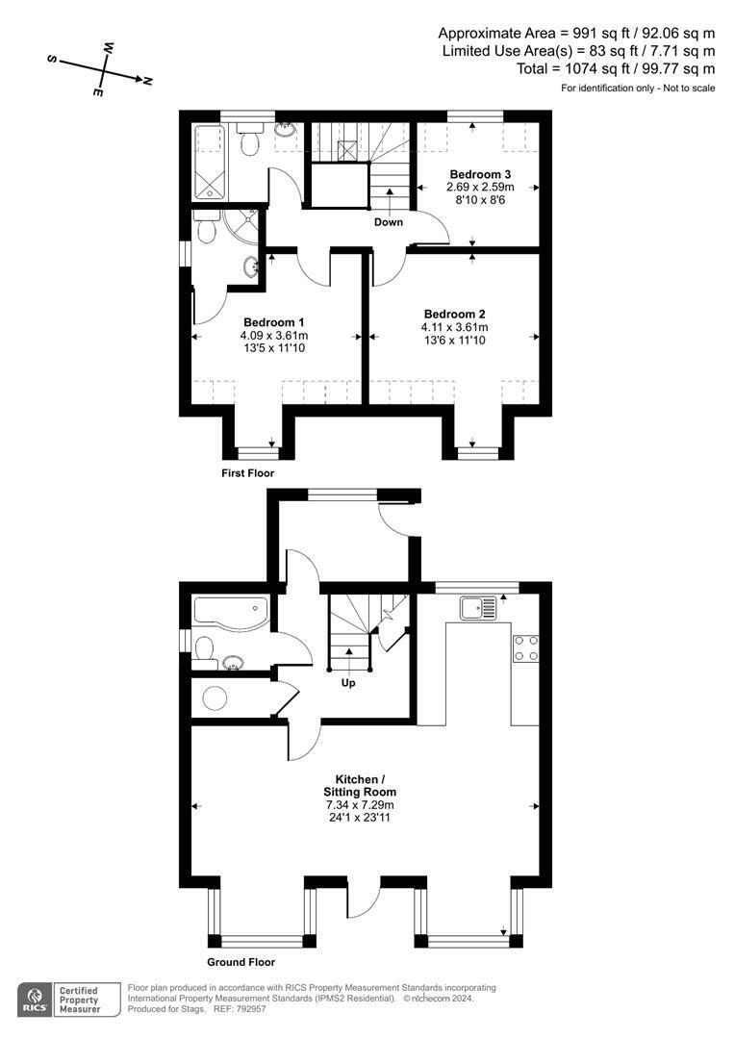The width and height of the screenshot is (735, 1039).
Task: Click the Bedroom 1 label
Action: pyautogui.click(x=274, y=321)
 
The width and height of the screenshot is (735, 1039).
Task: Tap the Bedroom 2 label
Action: pyautogui.click(x=455, y=314)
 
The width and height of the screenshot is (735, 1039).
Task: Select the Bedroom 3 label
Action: pyautogui.click(x=481, y=173)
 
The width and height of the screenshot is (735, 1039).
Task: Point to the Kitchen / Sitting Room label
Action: pyautogui.click(x=365, y=785)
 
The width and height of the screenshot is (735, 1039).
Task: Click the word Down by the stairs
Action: pyautogui.click(x=389, y=222)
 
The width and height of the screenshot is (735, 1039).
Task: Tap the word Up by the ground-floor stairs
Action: pyautogui.click(x=348, y=683)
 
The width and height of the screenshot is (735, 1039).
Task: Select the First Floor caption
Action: pyautogui.click(x=248, y=473)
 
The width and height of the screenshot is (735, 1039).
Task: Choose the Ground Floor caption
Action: pyautogui.click(x=241, y=962)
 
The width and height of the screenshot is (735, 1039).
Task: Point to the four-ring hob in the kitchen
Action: pyautogui.click(x=525, y=647)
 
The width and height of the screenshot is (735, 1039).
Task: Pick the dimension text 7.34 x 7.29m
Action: pyautogui.click(x=365, y=805)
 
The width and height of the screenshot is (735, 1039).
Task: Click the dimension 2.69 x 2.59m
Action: pyautogui.click(x=481, y=187)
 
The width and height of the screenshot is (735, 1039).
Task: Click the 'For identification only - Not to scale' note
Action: pyautogui.click(x=638, y=89)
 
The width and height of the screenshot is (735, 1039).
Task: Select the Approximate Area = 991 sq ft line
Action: pyautogui.click(x=576, y=32)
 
